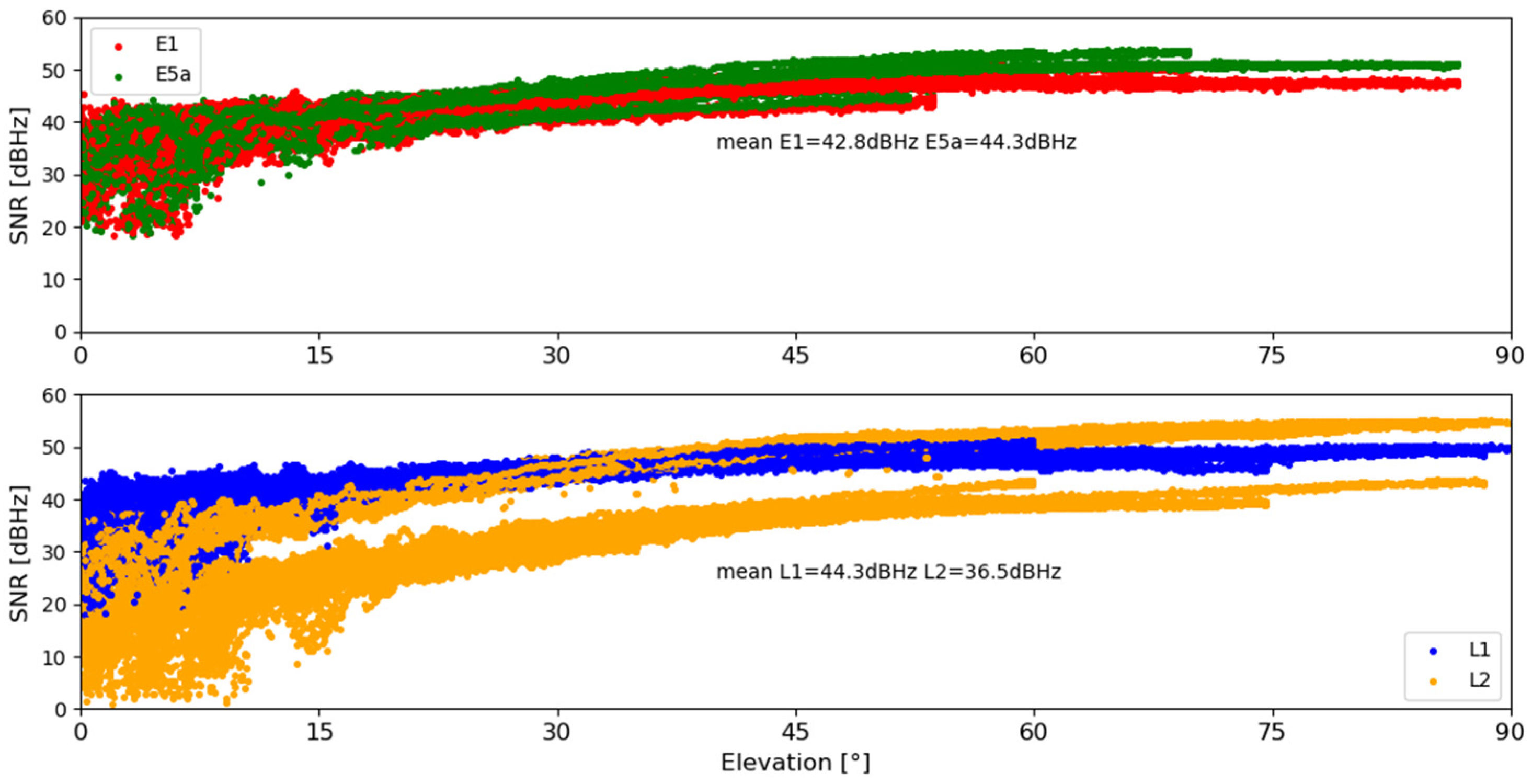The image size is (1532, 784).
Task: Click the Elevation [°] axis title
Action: (795, 763)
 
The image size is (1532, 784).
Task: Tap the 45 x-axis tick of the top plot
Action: (796, 356)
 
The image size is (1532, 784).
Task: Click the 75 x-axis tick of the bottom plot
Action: (1272, 732)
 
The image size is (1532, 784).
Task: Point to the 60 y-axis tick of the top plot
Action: (54, 18)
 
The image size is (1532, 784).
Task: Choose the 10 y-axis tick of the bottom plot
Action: (54, 657)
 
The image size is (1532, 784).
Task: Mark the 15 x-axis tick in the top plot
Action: (319, 356)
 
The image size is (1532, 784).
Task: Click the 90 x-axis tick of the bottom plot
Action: (1510, 732)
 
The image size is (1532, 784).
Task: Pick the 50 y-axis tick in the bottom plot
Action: (54, 447)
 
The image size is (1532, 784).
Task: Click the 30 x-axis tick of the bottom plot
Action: (557, 732)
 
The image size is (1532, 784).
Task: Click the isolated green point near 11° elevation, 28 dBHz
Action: (261, 183)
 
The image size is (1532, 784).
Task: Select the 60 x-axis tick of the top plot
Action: (1034, 356)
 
